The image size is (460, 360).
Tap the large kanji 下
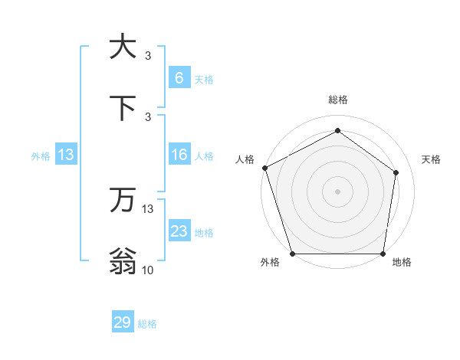coord(123,108)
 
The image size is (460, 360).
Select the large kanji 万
coord(123,201)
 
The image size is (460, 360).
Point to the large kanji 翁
coord(123,261)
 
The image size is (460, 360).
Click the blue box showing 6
coord(179,77)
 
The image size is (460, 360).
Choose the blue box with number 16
coord(179,155)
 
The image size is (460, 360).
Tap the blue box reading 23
coord(179,231)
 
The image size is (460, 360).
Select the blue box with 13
coord(66,155)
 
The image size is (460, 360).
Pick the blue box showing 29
coord(123,322)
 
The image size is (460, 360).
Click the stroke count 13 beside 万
coord(148,208)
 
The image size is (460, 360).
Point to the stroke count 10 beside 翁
coord(148,270)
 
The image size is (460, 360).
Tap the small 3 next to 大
coord(148,55)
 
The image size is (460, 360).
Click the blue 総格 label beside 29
coord(147,324)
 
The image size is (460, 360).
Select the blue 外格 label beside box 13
coord(41,156)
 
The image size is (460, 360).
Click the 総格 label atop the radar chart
coord(338,100)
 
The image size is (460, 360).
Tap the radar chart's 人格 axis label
coord(245,159)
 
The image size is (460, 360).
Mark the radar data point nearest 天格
coord(396,172)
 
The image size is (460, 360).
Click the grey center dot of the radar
coord(338,191)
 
